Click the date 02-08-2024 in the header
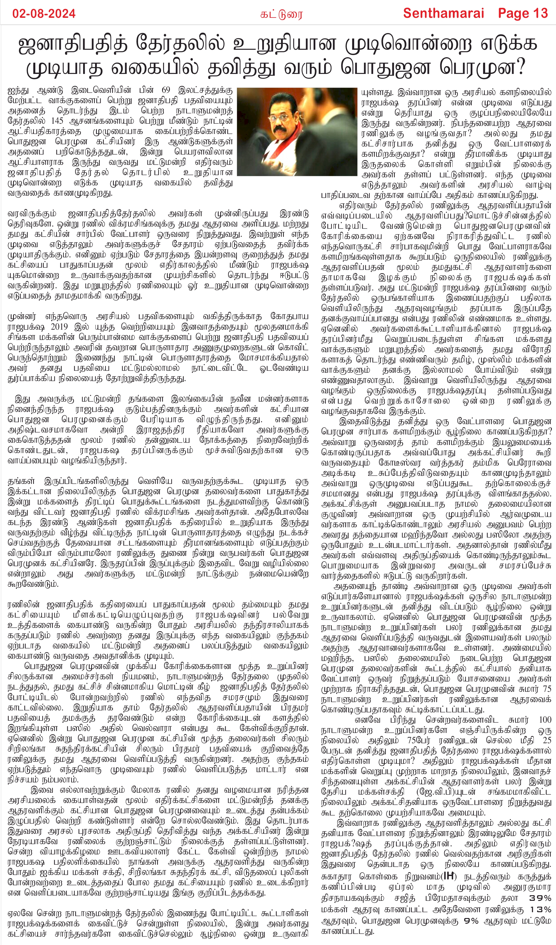pos(44,14)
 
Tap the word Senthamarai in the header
pos(443,14)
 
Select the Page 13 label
pos(523,14)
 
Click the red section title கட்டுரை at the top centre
pos(281,15)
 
